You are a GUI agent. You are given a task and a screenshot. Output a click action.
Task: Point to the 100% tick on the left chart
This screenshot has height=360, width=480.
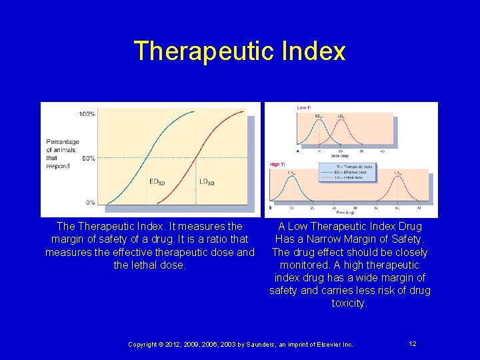87,114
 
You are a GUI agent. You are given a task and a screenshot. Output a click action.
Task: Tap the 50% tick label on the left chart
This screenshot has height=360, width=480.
88,158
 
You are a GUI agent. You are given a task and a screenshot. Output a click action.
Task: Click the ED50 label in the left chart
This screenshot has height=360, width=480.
157,182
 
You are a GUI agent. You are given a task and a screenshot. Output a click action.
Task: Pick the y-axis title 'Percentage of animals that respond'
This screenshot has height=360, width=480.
62,154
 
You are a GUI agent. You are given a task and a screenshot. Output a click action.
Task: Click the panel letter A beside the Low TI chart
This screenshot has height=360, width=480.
298,151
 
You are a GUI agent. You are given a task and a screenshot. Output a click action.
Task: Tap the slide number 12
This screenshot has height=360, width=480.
413,343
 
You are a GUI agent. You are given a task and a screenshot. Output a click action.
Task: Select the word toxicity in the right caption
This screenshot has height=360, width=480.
349,303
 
